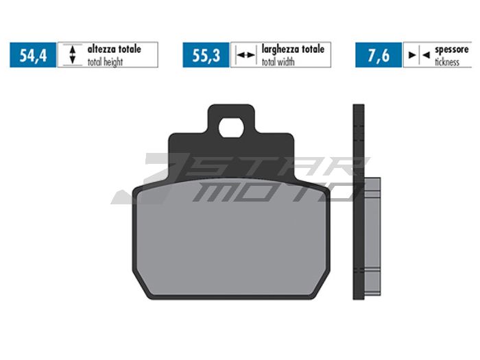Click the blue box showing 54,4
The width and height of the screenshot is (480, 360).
point(33,56)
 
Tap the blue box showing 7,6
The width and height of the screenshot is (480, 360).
point(379,56)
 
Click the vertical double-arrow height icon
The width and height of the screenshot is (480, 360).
point(71,56)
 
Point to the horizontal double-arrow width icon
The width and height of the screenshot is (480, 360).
point(244,56)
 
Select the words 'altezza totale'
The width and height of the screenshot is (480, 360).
point(114,49)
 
